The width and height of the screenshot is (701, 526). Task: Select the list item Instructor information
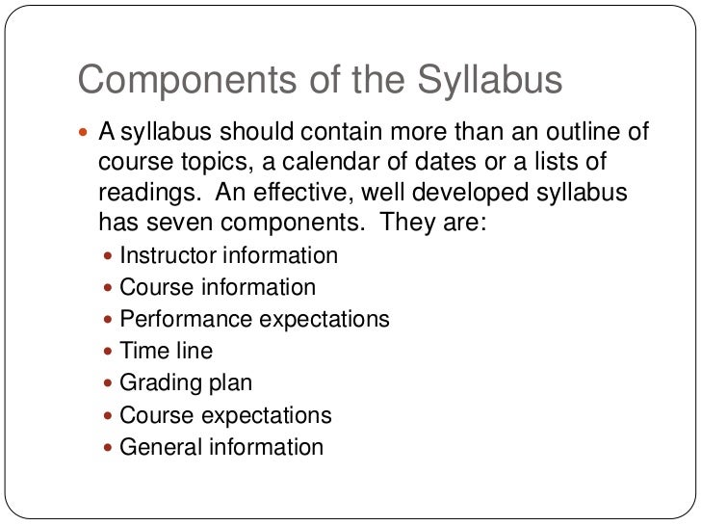[x=228, y=256]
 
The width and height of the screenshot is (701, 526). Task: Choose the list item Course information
[x=217, y=287]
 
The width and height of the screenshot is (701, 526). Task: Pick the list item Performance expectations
[x=254, y=319]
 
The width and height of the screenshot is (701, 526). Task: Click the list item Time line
[x=166, y=351]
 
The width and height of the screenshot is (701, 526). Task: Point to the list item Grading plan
[x=186, y=382]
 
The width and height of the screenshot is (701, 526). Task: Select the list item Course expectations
[x=225, y=415]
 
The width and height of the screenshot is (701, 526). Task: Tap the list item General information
[x=221, y=447]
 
